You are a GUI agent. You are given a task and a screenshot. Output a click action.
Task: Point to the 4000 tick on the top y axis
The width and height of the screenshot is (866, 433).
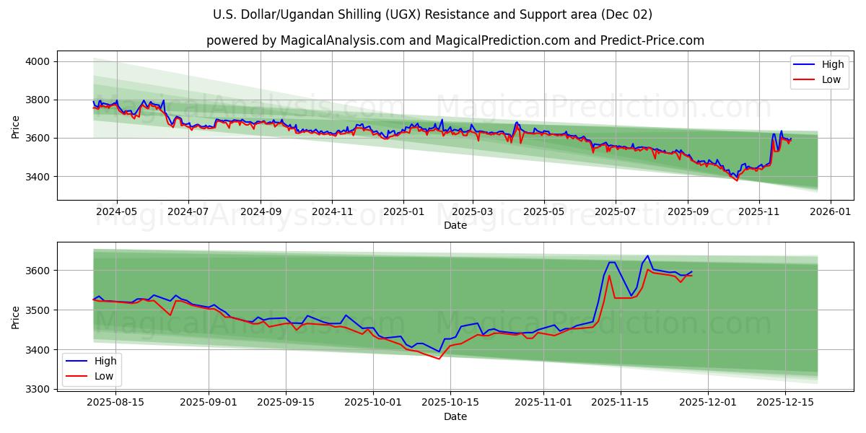coord(37,61)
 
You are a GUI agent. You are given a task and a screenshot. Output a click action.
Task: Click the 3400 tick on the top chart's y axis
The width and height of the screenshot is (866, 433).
coord(37,176)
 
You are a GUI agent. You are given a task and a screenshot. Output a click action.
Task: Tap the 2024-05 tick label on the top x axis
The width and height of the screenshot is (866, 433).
coord(116,211)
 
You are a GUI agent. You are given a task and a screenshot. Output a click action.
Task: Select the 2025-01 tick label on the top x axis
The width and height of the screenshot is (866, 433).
coord(403,211)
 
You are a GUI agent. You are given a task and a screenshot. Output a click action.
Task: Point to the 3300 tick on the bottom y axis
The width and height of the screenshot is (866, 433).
coord(37,390)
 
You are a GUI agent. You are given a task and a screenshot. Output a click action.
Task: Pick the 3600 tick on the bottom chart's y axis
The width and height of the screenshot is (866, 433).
coord(37,271)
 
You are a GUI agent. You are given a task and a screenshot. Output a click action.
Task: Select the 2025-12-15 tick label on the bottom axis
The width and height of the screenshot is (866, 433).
coord(784,403)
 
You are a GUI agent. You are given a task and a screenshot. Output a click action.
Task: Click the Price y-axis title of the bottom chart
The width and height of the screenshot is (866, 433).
coord(15,316)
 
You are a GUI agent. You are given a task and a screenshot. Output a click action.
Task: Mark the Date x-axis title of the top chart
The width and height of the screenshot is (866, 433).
coord(455,225)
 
